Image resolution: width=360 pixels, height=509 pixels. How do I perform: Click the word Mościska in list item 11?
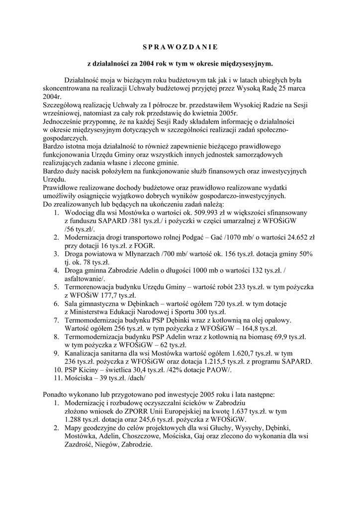(82, 378)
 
